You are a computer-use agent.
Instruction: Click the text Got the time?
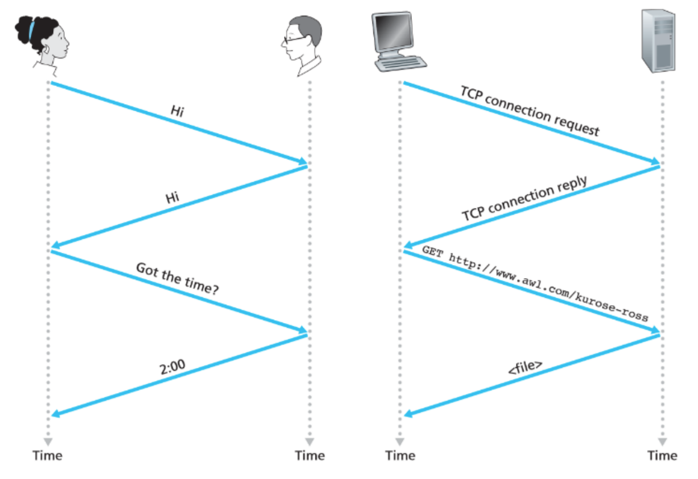177,279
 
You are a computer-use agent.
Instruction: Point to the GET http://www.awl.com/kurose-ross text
535,284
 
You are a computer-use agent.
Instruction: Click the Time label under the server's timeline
662,455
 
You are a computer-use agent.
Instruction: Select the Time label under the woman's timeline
48,455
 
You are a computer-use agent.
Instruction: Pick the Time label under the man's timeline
310,455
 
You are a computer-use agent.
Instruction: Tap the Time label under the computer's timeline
400,455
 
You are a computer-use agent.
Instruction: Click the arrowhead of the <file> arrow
408,414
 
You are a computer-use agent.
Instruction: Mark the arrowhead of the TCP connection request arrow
655,161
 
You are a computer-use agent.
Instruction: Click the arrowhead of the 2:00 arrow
55,414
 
